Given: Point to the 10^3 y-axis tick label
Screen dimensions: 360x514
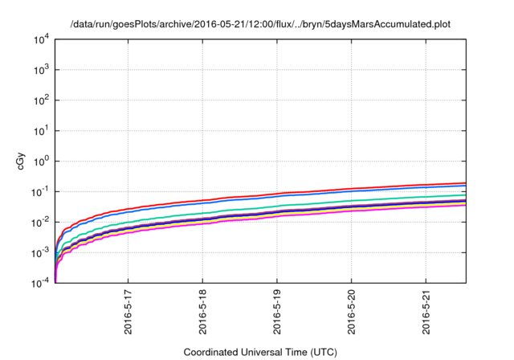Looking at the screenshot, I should pyautogui.click(x=41, y=70).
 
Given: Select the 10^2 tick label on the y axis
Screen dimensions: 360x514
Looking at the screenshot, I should pyautogui.click(x=41, y=100).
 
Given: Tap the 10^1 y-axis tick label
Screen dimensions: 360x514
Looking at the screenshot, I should pyautogui.click(x=41, y=131).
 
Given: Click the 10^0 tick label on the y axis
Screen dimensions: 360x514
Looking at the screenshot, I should pyautogui.click(x=41, y=162).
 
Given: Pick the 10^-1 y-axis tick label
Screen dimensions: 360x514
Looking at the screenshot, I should pyautogui.click(x=41, y=192).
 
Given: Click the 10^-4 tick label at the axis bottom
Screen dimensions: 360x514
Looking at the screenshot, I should pyautogui.click(x=41, y=283).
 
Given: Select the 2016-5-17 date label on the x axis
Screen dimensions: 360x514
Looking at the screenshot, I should pyautogui.click(x=128, y=313).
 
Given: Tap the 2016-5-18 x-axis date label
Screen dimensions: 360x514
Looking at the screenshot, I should pyautogui.click(x=203, y=313).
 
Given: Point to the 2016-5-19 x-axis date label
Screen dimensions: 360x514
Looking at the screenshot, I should pyautogui.click(x=278, y=313).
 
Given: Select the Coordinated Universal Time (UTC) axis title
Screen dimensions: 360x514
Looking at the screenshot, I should pyautogui.click(x=259, y=352).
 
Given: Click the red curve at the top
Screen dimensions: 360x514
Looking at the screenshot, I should pyautogui.click(x=321, y=190).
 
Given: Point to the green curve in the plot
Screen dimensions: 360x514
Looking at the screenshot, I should pyautogui.click(x=321, y=202).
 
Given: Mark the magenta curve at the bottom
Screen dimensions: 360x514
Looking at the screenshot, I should pyautogui.click(x=321, y=213).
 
